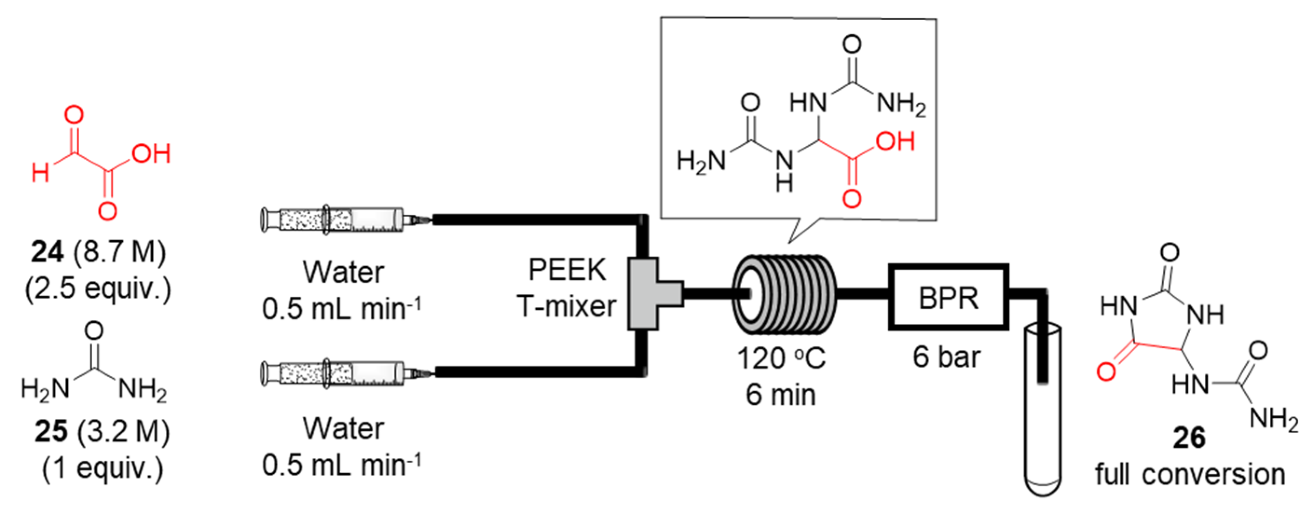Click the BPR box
coord(948,298)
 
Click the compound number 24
coord(47,252)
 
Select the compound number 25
coord(51,432)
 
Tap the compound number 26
coord(1189,438)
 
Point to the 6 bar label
coord(946,357)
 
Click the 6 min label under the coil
coord(781,395)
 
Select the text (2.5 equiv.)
coord(98,289)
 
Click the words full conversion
coord(1190,475)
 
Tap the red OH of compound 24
coord(151,154)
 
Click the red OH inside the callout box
coord(896,142)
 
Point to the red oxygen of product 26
coord(1106,371)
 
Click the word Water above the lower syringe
coord(343,429)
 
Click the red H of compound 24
coord(41,173)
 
